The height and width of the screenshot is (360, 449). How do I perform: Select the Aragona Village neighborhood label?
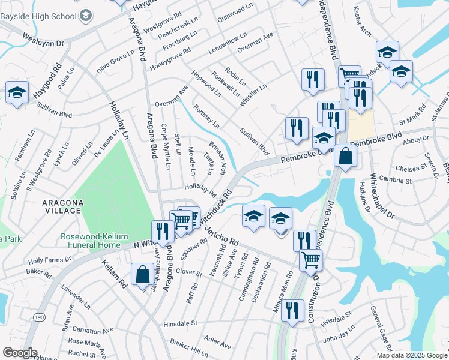pyautogui.click(x=70, y=206)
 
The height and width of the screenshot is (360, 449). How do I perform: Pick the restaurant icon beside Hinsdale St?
pyautogui.click(x=292, y=310)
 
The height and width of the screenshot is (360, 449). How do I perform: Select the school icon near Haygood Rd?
pyautogui.click(x=17, y=93)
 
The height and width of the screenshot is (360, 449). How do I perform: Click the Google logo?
pyautogui.click(x=19, y=353)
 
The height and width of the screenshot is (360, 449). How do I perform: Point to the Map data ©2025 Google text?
pyautogui.click(x=411, y=355)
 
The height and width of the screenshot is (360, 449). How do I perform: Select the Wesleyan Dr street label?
pyautogui.click(x=43, y=43)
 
